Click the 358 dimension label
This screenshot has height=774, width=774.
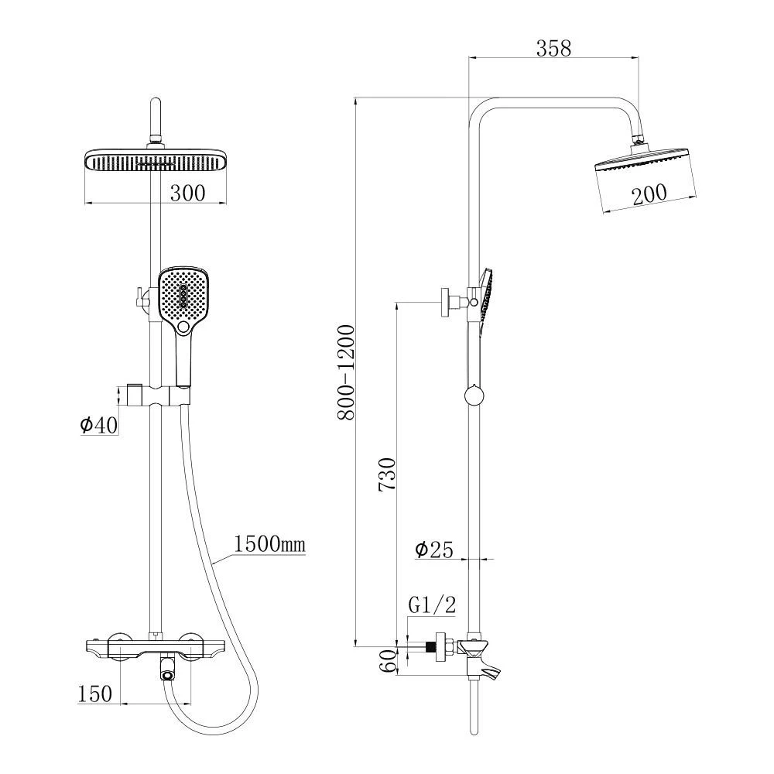pos(553,48)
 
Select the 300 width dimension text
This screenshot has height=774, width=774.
pos(187,193)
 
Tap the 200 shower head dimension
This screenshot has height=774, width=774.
pos(649,194)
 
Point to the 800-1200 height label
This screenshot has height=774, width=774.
pos(346,372)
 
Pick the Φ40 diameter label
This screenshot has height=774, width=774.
pos(99,424)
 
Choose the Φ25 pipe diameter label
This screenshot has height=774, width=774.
pos(434,550)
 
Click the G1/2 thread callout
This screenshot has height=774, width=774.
pos(432,604)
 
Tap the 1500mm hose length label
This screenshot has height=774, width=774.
pos(269,544)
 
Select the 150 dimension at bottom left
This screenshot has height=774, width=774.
pos(94,694)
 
